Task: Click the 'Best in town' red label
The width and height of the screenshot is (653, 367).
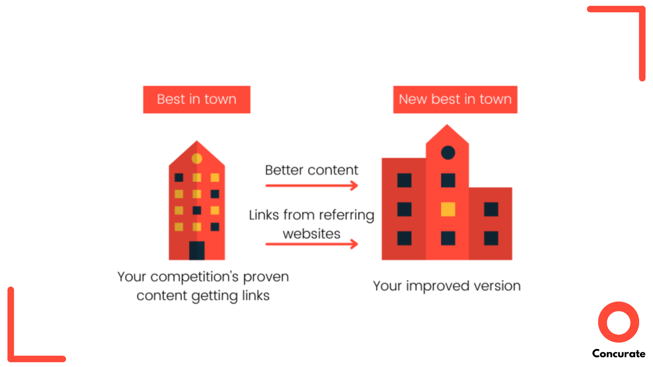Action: click(196, 99)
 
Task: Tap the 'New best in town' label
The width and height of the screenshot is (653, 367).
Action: click(455, 99)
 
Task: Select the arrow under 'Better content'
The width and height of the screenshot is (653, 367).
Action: click(311, 186)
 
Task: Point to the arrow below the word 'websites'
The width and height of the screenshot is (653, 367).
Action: click(311, 244)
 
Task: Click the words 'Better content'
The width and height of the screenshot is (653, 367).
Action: click(311, 170)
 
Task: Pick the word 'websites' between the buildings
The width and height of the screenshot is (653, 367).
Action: click(311, 234)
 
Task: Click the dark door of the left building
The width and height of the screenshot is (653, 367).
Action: click(197, 250)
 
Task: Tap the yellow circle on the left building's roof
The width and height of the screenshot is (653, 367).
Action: click(197, 158)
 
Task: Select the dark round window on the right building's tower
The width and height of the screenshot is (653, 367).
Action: click(448, 153)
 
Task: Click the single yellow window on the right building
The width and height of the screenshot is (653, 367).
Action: click(448, 209)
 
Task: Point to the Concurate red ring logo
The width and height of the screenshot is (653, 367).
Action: click(618, 322)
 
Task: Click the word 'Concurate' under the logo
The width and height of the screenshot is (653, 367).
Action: click(618, 354)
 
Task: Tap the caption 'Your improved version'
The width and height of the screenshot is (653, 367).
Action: click(446, 286)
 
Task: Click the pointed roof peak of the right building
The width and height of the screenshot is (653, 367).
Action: click(447, 127)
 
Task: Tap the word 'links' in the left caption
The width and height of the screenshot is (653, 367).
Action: click(255, 296)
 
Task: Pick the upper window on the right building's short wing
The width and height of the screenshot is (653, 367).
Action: click(491, 209)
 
